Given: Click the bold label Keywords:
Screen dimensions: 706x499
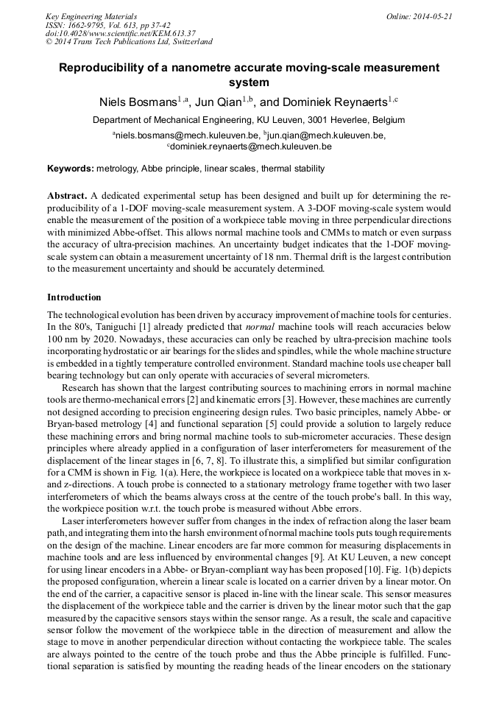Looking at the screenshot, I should [71, 169].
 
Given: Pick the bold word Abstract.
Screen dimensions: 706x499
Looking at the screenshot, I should [66, 197].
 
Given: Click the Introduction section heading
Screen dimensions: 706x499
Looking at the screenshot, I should [74, 297].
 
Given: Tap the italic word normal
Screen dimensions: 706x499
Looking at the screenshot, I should [261, 326].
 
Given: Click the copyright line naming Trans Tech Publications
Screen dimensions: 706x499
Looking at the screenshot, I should [129, 42].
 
